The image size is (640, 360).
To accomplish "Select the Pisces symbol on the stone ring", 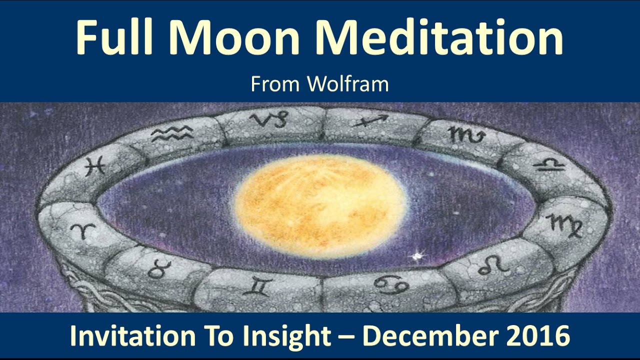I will pos(94,165).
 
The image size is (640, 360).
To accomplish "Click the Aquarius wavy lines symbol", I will pos(171,133).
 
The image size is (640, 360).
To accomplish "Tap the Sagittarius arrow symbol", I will pos(370,120).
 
